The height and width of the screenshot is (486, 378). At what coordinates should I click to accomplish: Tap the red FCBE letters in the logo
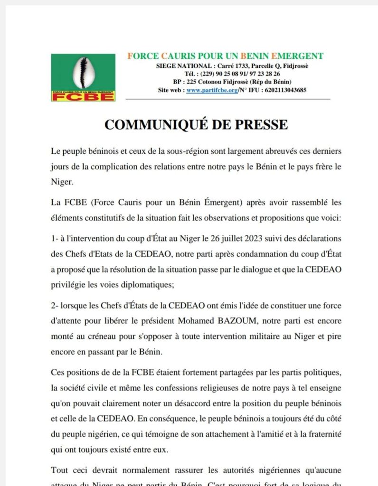(83, 96)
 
